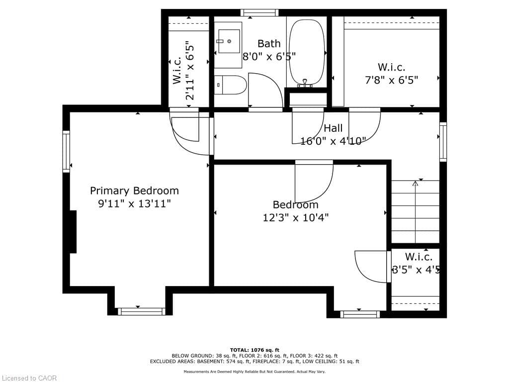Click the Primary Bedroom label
coord(134,191)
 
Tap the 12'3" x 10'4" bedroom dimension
coord(296,217)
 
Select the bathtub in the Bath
coord(306,52)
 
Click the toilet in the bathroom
coord(231,85)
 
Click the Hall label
coord(333,128)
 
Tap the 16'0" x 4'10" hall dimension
coord(333,141)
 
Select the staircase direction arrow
coord(415,184)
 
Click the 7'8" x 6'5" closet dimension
coord(392,80)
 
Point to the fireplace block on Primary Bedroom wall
coord(73,232)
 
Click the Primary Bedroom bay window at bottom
coord(141,311)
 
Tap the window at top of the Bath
coord(259,13)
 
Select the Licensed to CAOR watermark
coord(29,378)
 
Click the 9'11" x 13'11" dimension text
coord(134,203)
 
